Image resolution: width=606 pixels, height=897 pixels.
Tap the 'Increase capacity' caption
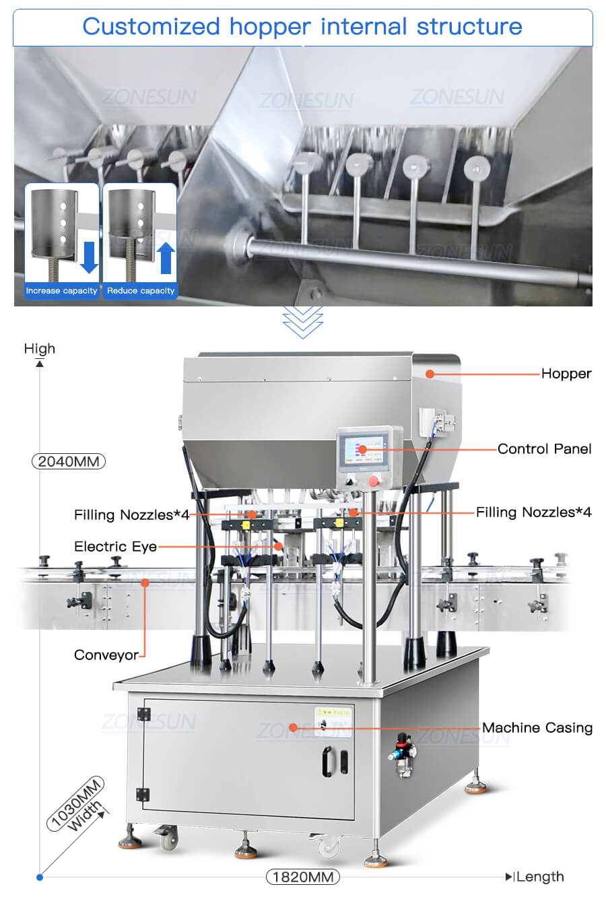pos(61,291)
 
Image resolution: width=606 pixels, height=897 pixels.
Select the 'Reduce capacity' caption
pos(141,291)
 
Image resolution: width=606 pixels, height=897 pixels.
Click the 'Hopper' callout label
pos(566,374)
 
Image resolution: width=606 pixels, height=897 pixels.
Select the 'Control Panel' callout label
pos(544,449)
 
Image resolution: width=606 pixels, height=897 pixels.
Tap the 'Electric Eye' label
pos(115,546)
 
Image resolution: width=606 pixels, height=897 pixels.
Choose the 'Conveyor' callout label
pos(106,655)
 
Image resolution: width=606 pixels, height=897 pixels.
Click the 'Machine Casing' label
pos(537,728)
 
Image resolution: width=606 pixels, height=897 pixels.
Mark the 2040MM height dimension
pos(68,461)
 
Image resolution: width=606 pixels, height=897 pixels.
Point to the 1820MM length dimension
pos(302,877)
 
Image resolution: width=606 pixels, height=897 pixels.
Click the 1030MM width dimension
pos(75,803)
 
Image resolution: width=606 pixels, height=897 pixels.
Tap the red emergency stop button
pos(373,481)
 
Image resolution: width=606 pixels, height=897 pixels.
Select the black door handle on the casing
pos(327,761)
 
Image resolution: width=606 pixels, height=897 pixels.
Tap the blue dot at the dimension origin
pos(40,877)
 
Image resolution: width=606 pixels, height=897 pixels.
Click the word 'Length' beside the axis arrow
pos(540,877)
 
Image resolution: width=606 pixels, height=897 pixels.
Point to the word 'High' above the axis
pos(40,349)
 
